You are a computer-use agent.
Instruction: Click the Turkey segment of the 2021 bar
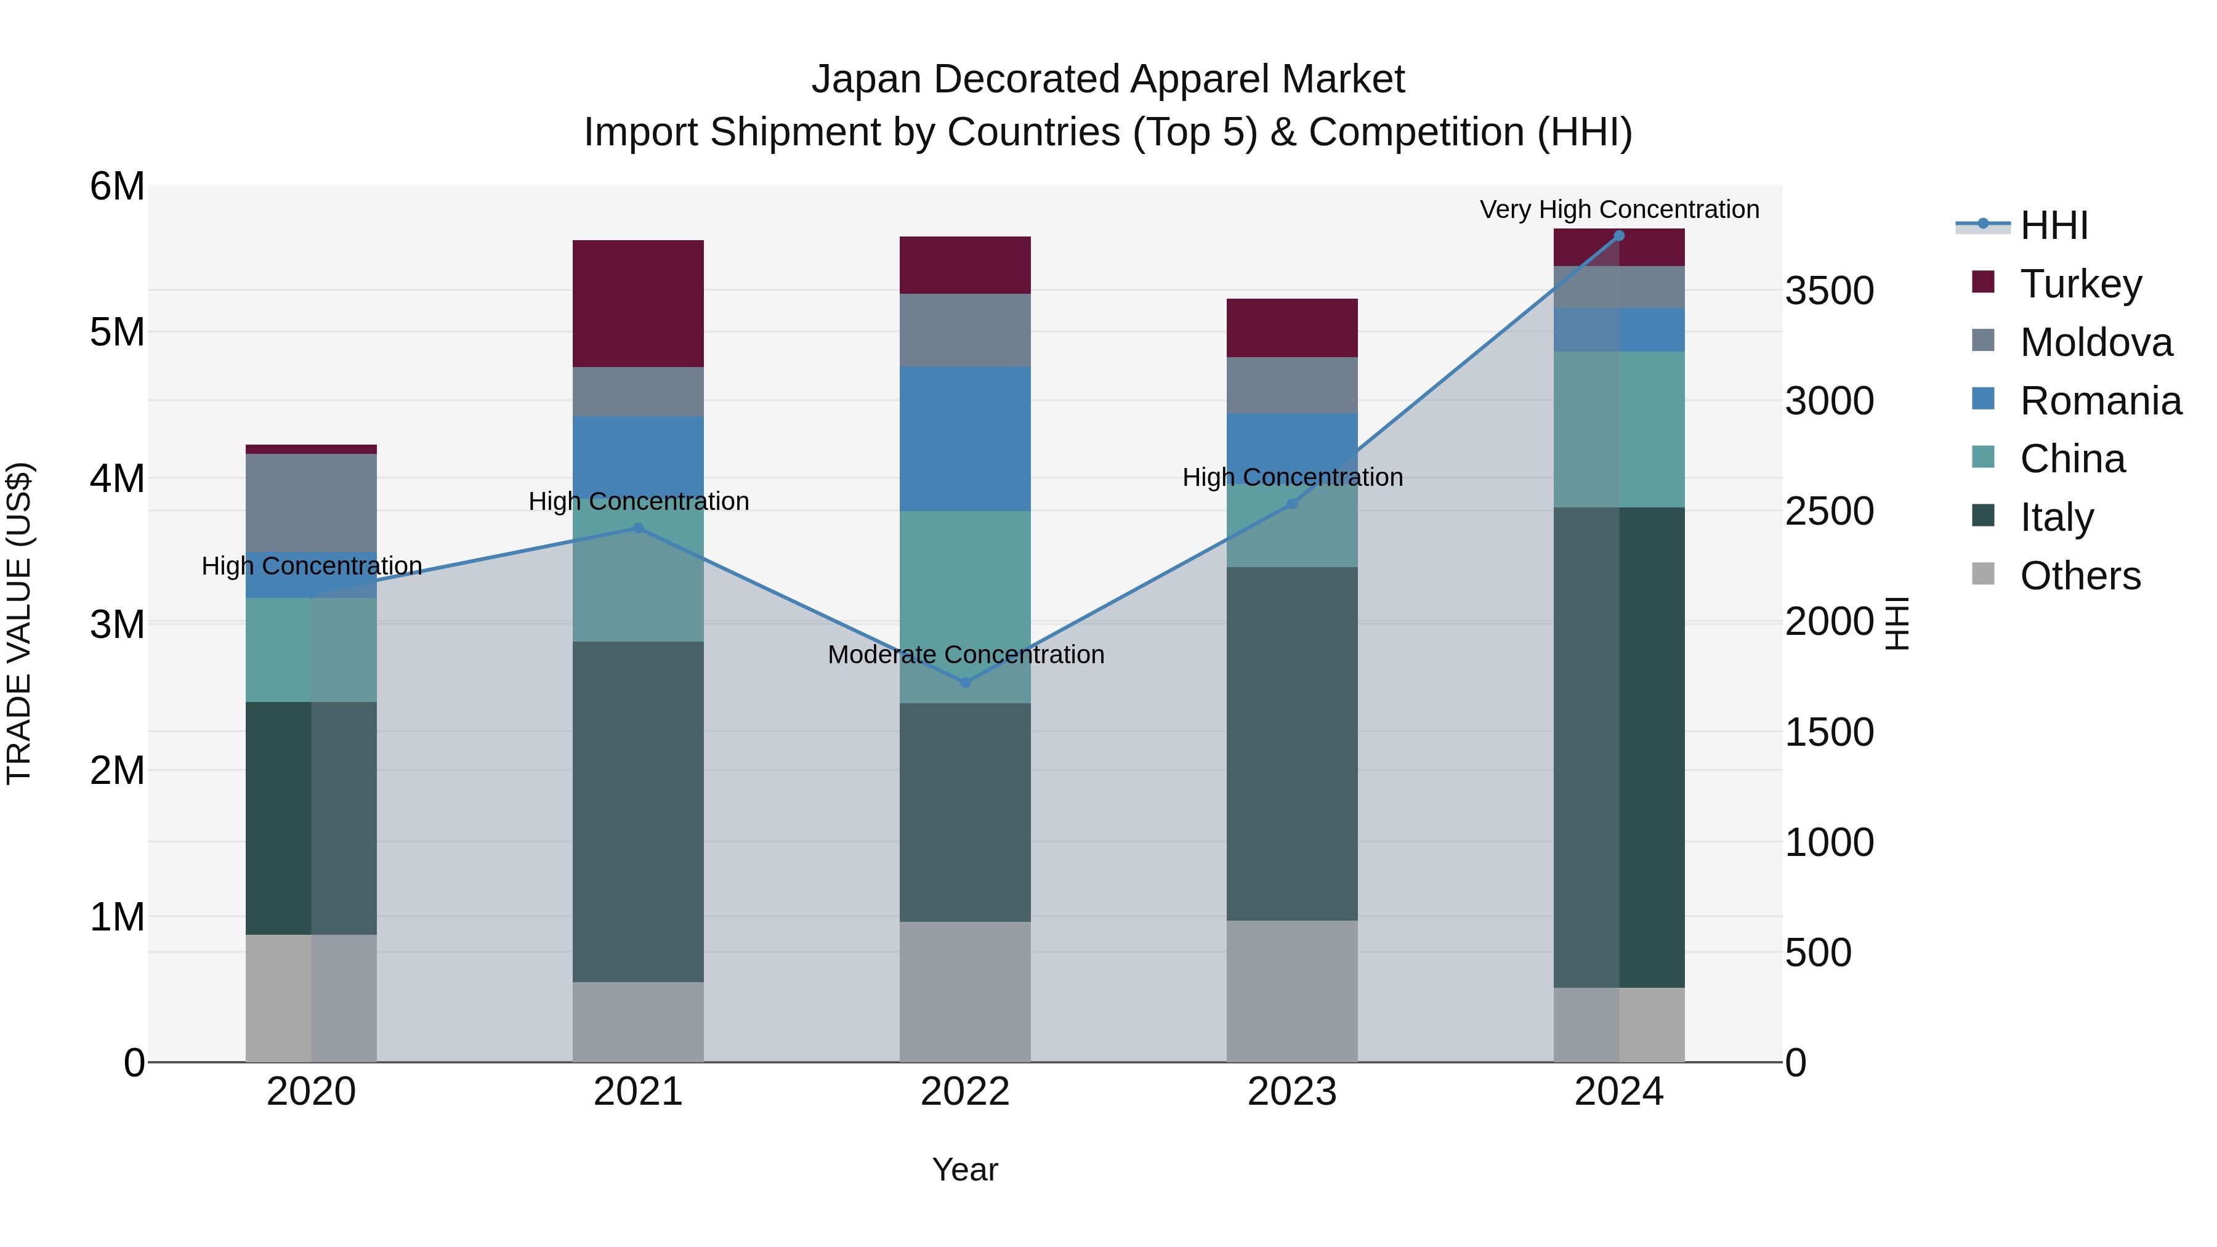click(x=638, y=303)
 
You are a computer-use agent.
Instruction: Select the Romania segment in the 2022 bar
click(x=965, y=439)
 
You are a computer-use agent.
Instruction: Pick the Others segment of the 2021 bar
click(x=638, y=1022)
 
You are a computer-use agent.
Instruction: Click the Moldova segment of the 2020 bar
click(x=311, y=502)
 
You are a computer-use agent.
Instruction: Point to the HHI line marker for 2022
click(x=965, y=682)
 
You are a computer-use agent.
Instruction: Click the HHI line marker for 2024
click(x=1619, y=236)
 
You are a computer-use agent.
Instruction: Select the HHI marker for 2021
click(x=638, y=528)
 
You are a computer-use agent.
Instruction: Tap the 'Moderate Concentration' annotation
click(x=966, y=655)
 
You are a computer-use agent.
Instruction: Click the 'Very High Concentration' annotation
click(x=1619, y=210)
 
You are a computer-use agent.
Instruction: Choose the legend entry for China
click(x=2072, y=459)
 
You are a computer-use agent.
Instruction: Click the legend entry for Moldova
click(x=2095, y=342)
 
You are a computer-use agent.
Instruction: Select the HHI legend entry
click(x=2053, y=225)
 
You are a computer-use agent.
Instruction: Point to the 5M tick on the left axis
click(x=117, y=332)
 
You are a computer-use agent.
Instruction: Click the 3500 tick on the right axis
click(x=1829, y=291)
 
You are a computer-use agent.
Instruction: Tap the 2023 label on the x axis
click(x=1292, y=1092)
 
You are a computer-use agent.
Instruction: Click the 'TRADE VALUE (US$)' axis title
click(x=20, y=623)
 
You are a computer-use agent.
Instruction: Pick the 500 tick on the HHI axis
click(x=1818, y=953)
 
